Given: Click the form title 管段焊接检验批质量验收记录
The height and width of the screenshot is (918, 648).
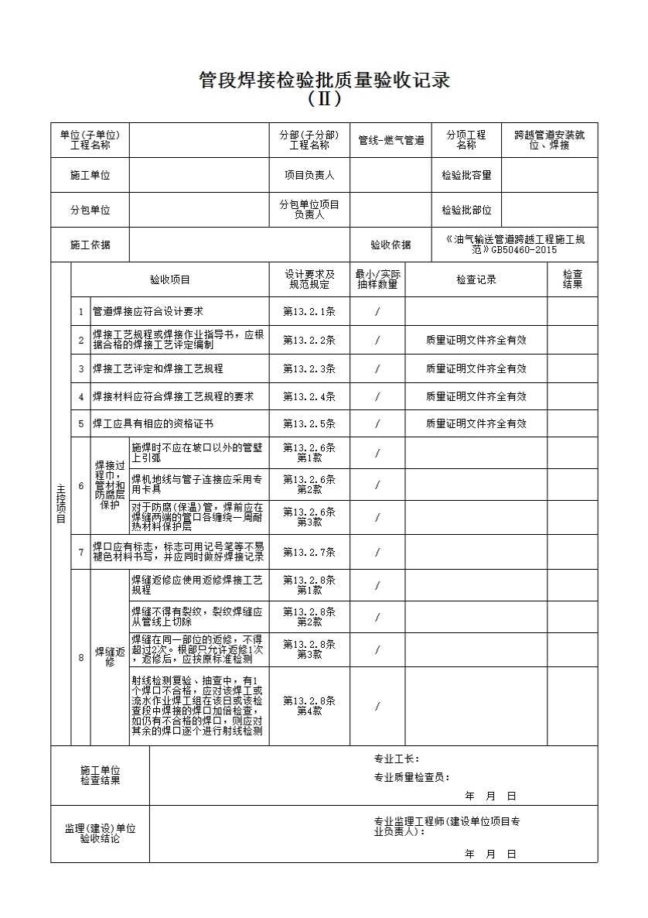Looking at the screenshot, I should coord(324,80).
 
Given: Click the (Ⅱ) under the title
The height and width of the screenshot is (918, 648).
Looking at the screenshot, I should coord(324,99).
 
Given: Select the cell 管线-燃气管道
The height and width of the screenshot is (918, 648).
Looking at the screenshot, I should coord(391,141).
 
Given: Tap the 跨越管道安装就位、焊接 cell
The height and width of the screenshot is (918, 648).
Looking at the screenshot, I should coord(549,140).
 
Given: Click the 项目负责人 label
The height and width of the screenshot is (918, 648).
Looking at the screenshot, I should coord(309,175).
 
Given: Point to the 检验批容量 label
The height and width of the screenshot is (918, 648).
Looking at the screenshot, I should coord(466,175).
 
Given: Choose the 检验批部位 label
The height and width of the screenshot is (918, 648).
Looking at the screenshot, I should coord(466,210).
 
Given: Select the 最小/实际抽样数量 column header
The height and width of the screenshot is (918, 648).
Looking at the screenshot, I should coord(377,279).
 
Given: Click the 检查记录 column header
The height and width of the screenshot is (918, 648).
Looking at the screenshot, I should coord(476,279).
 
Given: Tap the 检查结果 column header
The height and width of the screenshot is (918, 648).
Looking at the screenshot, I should coord(572,279).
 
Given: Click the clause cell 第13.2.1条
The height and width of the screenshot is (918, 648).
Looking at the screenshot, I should coord(309,311).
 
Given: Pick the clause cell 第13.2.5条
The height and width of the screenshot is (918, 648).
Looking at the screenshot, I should coord(309,423).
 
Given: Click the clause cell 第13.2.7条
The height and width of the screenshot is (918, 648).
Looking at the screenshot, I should coord(309,552).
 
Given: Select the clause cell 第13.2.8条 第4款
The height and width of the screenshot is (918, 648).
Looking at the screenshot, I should coord(309,706).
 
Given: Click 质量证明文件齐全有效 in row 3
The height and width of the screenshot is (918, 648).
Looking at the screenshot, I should coord(476,368).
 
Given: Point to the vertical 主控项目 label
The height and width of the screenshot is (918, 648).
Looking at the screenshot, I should coord(61,503).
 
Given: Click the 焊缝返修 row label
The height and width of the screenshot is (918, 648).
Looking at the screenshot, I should coord(110,658).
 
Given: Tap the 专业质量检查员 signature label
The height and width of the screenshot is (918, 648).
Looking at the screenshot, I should coord(412,778).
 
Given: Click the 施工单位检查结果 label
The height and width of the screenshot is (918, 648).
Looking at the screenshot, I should coord(101,776).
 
